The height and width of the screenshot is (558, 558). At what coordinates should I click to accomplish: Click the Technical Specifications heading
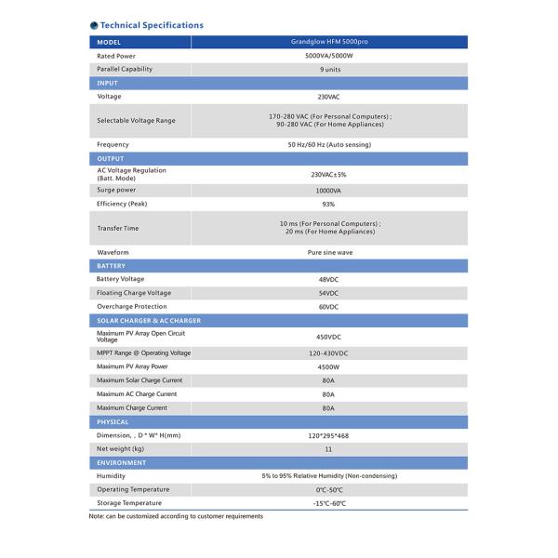click(151, 25)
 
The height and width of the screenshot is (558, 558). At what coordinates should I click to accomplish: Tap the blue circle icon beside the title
click(93, 25)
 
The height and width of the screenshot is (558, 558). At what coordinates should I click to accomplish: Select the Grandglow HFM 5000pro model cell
click(328, 43)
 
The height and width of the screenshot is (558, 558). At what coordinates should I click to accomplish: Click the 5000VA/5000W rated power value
click(328, 56)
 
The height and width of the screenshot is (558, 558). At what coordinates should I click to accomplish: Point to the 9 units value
click(328, 70)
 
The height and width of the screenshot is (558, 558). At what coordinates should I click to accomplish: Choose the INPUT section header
click(109, 83)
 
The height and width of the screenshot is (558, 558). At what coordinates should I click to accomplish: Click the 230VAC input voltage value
click(328, 97)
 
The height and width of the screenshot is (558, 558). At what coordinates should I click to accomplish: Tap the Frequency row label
click(113, 144)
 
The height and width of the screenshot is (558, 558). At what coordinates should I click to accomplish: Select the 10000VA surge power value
click(328, 190)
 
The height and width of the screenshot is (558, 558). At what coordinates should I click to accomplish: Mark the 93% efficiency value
click(328, 204)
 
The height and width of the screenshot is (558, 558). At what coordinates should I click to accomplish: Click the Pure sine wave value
click(328, 252)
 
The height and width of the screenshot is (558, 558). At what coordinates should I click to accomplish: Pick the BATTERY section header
click(112, 266)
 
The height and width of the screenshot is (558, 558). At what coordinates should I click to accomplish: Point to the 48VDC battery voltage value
click(328, 279)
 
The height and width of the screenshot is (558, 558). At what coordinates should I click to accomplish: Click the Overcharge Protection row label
click(132, 306)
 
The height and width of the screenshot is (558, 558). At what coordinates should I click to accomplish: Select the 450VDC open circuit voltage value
click(328, 337)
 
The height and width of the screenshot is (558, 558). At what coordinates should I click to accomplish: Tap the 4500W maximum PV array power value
click(328, 366)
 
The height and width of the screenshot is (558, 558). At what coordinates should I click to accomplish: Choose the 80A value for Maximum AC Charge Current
click(328, 393)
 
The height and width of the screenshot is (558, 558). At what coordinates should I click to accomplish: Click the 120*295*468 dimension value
click(328, 435)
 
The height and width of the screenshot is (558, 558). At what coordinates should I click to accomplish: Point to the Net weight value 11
click(328, 448)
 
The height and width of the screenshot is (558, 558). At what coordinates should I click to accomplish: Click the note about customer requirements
click(176, 516)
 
